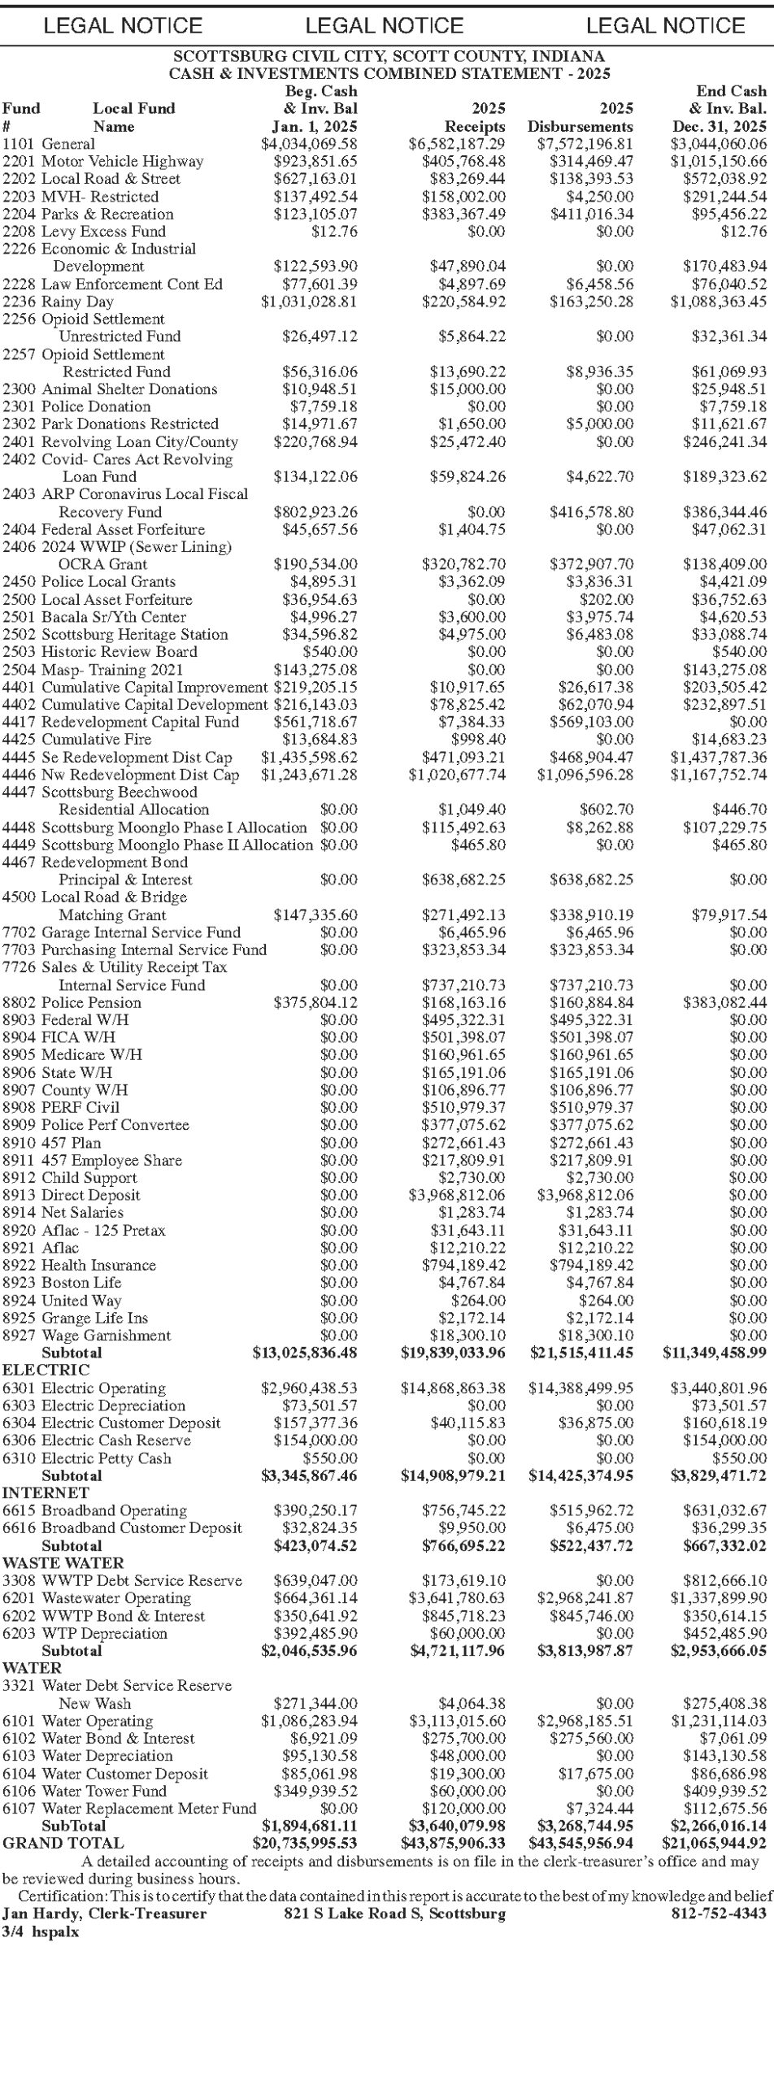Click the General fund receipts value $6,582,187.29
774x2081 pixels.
click(456, 144)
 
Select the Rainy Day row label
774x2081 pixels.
click(77, 302)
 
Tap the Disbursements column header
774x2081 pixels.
click(580, 126)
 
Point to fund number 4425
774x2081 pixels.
click(18, 739)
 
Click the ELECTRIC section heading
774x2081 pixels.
click(46, 1370)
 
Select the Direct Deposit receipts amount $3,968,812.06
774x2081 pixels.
click(456, 1195)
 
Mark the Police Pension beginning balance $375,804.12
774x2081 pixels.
click(315, 1002)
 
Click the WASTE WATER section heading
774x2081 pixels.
click(63, 1563)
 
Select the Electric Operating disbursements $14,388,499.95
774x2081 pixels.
click(580, 1388)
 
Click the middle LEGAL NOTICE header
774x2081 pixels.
click(385, 25)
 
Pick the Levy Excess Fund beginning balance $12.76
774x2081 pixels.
click(334, 231)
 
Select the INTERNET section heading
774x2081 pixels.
click(45, 1492)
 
